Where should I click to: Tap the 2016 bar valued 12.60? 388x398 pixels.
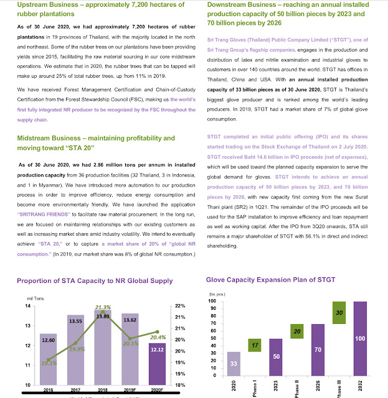[48, 359]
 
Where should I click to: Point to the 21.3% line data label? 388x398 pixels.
[103, 307]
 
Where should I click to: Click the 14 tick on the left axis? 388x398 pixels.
[27, 306]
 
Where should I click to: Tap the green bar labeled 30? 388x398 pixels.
[339, 313]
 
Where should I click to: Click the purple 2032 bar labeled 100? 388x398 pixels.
[360, 338]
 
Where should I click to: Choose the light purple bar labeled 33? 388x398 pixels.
[234, 364]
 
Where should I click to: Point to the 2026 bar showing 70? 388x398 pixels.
[318, 350]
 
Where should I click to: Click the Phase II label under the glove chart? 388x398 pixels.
[296, 389]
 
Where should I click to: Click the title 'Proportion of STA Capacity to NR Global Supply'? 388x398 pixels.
[95, 280]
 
